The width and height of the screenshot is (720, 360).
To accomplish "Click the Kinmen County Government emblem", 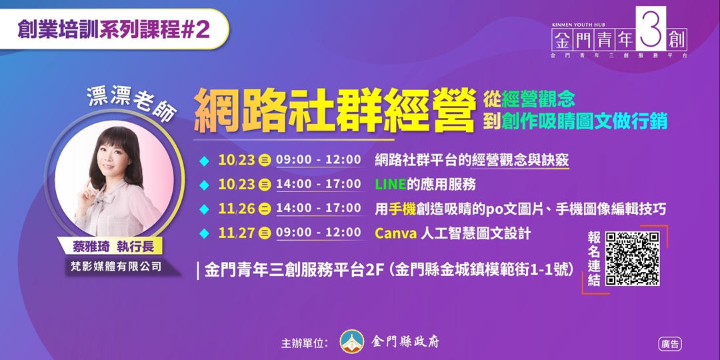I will coord(352,342).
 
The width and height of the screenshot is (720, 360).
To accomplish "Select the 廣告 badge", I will coord(669,344).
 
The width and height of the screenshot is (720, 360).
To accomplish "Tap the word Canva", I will coord(395,233).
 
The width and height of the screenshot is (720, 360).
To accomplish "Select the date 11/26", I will coord(237,209).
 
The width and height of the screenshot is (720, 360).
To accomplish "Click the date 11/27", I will coord(237,233).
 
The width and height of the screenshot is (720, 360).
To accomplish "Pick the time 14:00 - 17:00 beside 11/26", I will coord(318,208).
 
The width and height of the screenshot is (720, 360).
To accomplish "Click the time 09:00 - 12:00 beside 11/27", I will coord(318,233).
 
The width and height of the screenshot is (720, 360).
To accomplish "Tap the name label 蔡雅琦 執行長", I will coord(113,246).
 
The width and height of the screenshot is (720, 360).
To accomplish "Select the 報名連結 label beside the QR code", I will coord(593,259).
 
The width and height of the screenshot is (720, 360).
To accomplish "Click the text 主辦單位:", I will coord(305,343).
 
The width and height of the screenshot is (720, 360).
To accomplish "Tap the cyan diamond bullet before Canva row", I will coord(204,233).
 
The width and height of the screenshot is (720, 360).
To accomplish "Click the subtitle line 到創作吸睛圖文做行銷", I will coord(575,122).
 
